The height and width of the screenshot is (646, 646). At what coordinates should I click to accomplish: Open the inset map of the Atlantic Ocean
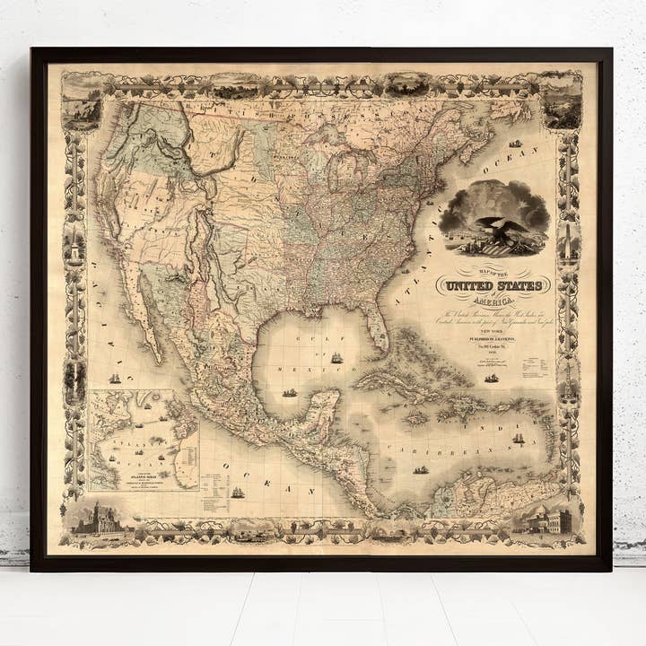pos(144,440)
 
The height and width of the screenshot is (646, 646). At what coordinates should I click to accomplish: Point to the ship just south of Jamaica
pos(421,469)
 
